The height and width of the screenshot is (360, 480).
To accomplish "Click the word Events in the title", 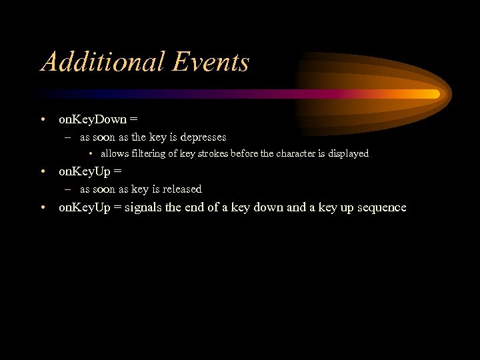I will click(x=211, y=62).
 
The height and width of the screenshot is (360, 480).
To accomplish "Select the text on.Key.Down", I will click(x=93, y=119).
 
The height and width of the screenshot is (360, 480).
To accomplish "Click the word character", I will click(x=295, y=153).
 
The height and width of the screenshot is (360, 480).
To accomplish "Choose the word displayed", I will click(x=348, y=153).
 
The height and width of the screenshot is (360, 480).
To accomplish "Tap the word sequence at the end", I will click(x=381, y=207).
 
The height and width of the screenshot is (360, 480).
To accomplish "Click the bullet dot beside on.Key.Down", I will click(x=43, y=120).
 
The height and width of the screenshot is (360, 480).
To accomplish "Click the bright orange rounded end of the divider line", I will click(x=434, y=94).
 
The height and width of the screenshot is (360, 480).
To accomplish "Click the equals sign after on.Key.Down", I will click(x=134, y=120).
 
